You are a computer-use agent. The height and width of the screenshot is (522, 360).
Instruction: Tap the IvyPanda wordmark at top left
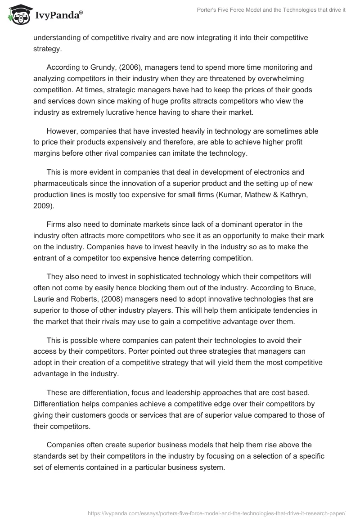pyautogui.click(x=58, y=15)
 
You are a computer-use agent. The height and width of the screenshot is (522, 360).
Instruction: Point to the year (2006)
pyautogui.click(x=128, y=67)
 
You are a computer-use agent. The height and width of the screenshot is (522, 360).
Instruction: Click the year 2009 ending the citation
pyautogui.click(x=42, y=206)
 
